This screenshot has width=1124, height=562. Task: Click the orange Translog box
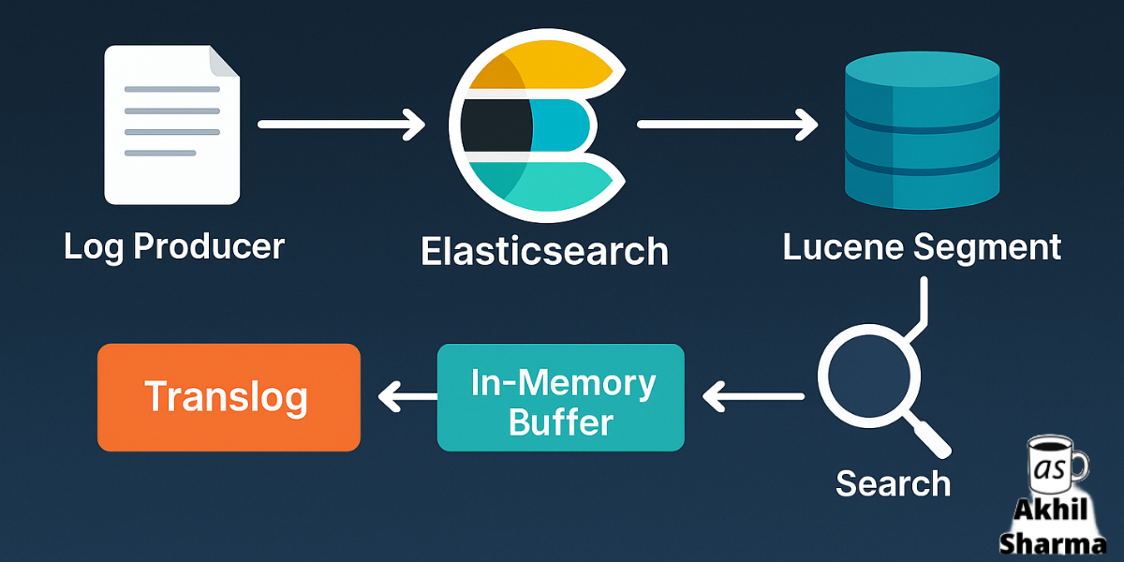tap(229, 397)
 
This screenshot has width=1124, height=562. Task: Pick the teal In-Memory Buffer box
tap(561, 397)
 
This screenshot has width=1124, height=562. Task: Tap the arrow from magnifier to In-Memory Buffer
tap(753, 398)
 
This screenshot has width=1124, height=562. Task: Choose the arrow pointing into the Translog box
tap(407, 398)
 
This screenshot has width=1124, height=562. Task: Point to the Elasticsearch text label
tap(544, 251)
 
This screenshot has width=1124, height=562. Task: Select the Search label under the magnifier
tap(893, 483)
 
